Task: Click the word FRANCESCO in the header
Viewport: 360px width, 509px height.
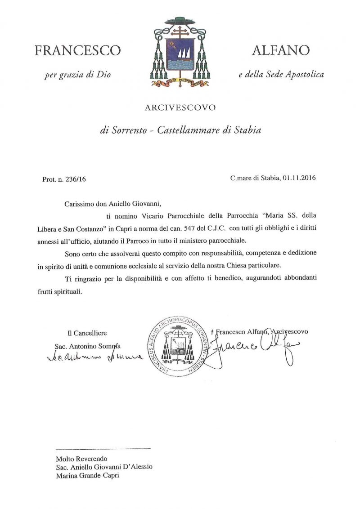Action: click(77, 50)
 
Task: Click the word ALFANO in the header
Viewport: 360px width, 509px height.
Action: click(281, 50)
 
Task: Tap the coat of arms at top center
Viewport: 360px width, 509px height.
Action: click(180, 54)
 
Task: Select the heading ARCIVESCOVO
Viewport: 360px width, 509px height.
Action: click(180, 107)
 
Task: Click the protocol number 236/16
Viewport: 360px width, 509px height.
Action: click(74, 179)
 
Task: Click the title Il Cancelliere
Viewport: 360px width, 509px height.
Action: click(87, 333)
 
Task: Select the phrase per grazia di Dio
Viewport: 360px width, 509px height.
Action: click(77, 75)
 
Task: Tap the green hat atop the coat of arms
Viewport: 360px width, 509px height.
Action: click(180, 21)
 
